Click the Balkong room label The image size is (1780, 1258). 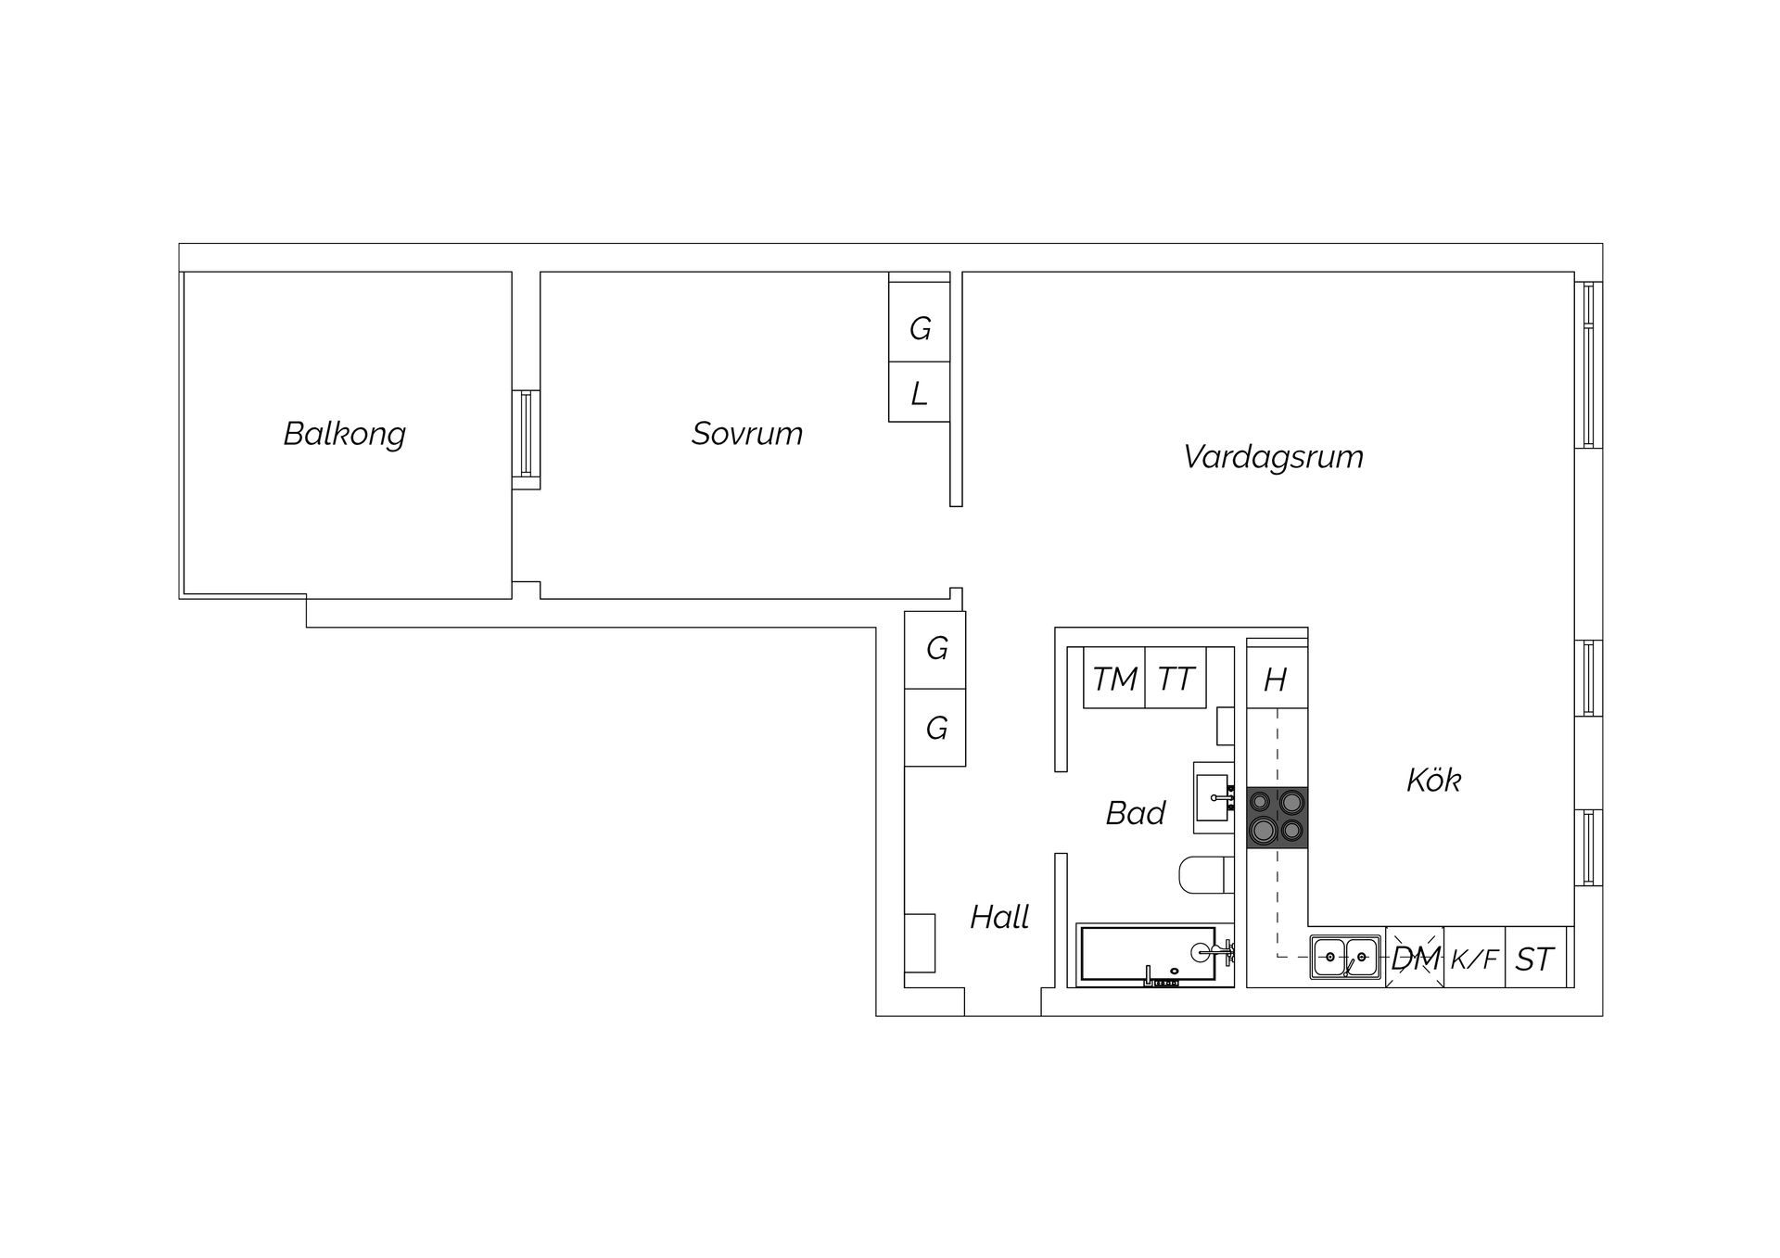345,434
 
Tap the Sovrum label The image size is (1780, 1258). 747,434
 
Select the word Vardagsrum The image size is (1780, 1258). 1273,457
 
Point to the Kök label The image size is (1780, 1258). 1433,781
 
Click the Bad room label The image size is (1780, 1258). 1135,813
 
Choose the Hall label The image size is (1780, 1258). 999,917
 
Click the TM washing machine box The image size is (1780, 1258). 1114,678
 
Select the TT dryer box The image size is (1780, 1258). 1176,678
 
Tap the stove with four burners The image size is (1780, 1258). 1278,818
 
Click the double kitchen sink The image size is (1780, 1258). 1345,958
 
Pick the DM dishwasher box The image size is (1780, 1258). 1415,958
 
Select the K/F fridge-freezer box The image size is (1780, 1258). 1474,958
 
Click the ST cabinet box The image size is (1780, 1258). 1535,958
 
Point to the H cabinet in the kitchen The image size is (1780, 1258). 1278,678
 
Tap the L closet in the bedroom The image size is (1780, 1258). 919,392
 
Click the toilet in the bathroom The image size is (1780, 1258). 1207,876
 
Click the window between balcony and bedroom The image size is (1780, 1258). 526,434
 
